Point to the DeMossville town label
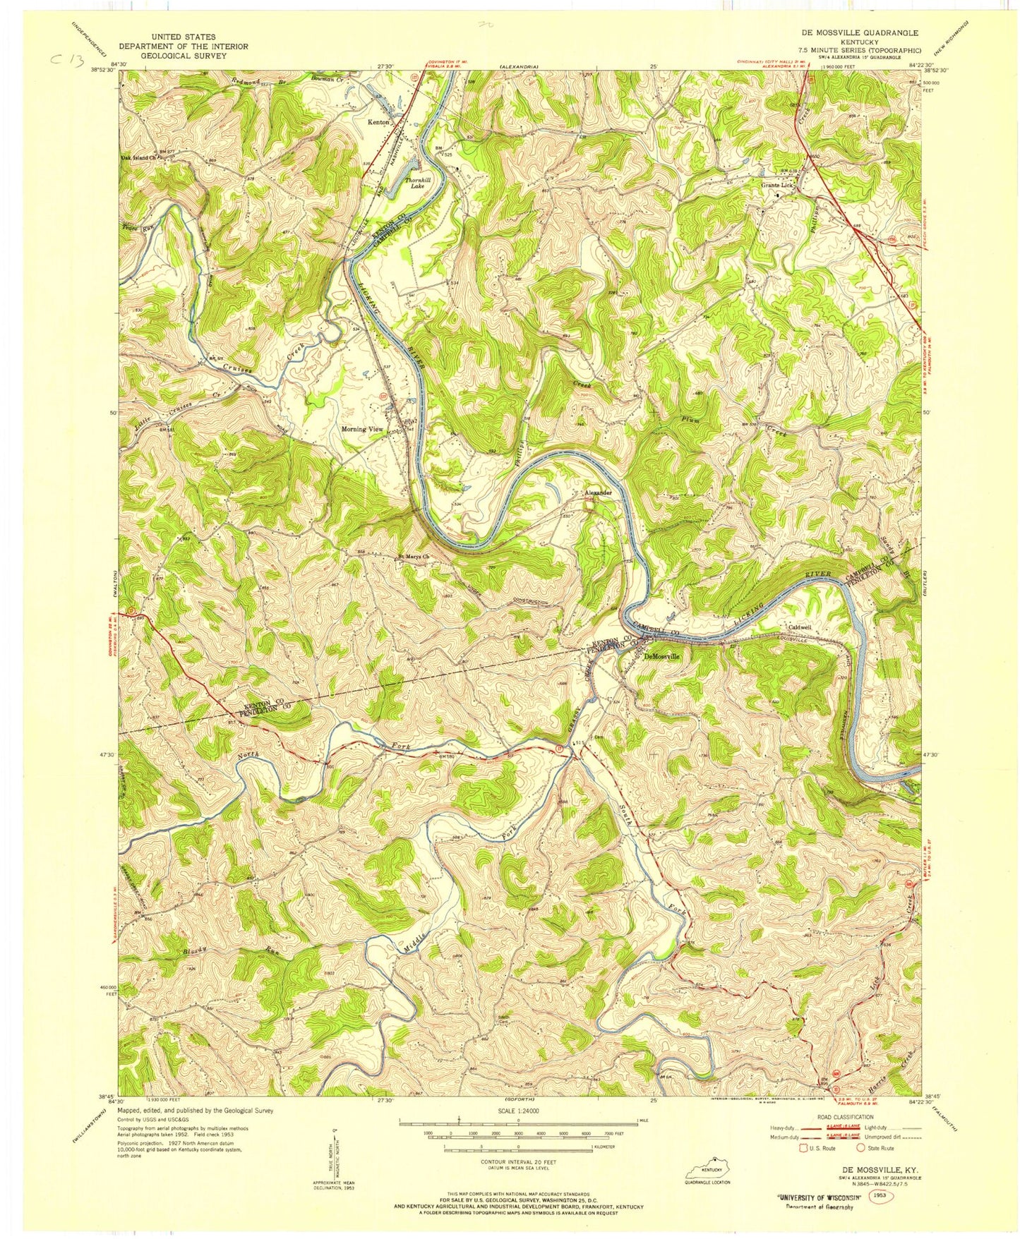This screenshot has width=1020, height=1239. [x=662, y=655]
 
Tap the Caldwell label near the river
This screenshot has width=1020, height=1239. [x=795, y=627]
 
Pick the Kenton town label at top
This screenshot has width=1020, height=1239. [x=378, y=121]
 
